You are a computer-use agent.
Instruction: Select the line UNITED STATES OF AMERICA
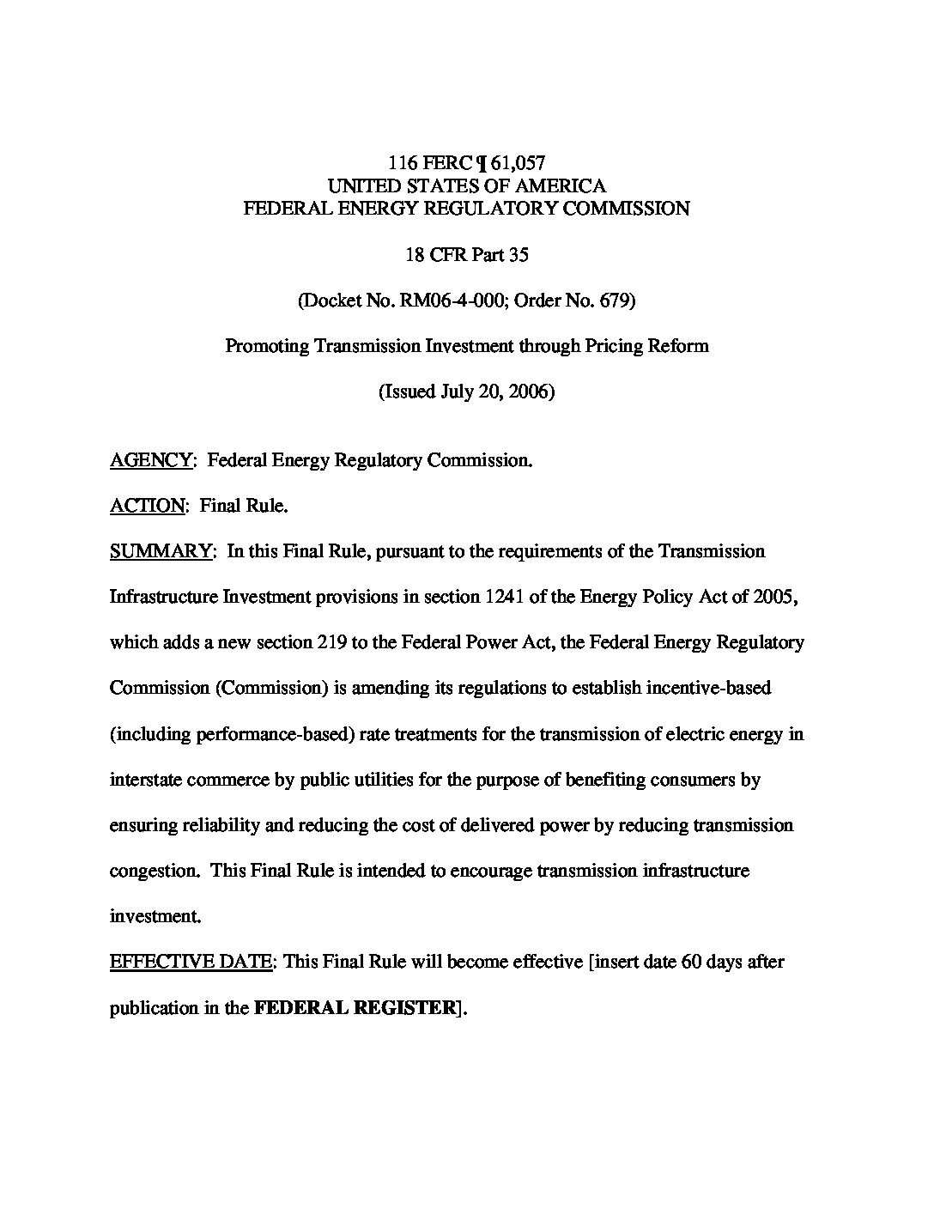coord(467,185)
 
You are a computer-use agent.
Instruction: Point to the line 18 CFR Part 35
coord(467,255)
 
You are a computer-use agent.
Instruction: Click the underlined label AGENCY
coord(151,460)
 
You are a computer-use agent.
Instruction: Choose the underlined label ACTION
coord(147,506)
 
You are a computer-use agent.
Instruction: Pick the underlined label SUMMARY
coord(161,551)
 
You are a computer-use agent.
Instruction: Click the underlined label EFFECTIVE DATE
coord(191,962)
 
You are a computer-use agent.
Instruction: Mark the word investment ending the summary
coord(155,916)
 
